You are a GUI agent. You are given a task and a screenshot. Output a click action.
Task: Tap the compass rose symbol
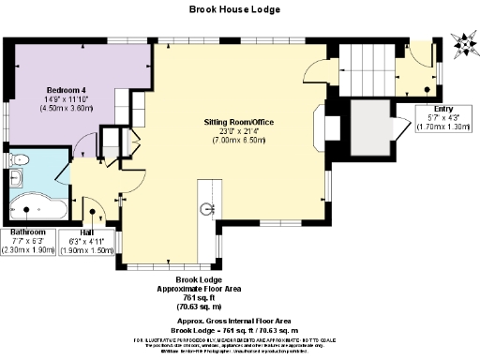462,41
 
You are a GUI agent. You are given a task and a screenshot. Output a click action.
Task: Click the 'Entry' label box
443,118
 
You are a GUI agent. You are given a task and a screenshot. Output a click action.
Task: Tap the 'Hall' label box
86,241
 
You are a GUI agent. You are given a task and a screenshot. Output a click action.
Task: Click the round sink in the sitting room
207,208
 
